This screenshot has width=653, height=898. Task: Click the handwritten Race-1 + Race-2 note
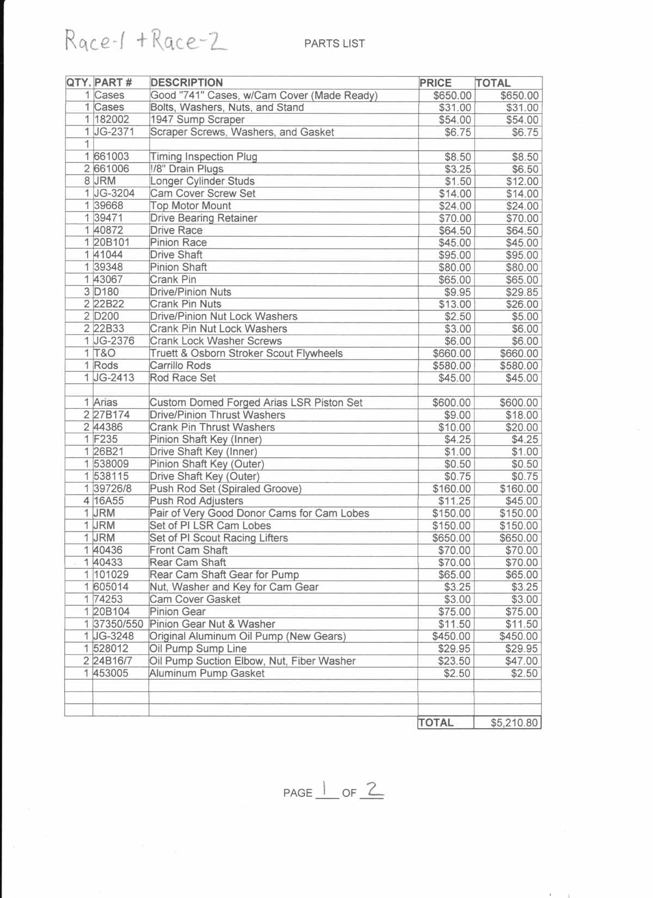pyautogui.click(x=146, y=41)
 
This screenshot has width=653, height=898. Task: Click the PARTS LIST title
pyautogui.click(x=334, y=44)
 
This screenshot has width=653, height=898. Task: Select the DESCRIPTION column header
pyautogui.click(x=186, y=83)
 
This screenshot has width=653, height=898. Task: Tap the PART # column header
pyautogui.click(x=113, y=83)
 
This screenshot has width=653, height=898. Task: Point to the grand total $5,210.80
pyautogui.click(x=514, y=723)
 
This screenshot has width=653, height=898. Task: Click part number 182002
pyautogui.click(x=112, y=120)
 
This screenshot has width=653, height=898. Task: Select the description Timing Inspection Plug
pyautogui.click(x=204, y=157)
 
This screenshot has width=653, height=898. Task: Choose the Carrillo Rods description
pyautogui.click(x=180, y=365)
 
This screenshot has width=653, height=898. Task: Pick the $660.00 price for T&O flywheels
pyautogui.click(x=452, y=353)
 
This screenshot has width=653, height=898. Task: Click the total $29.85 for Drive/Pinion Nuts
pyautogui.click(x=522, y=292)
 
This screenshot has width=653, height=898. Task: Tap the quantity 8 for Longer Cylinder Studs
pyautogui.click(x=87, y=181)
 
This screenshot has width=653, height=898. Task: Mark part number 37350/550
pyautogui.click(x=118, y=624)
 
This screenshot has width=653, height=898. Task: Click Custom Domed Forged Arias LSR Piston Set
pyautogui.click(x=256, y=403)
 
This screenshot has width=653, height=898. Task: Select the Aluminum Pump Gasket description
pyautogui.click(x=207, y=673)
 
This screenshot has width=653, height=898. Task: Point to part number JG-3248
pyautogui.click(x=114, y=636)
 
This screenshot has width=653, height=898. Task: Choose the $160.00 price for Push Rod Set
pyautogui.click(x=452, y=489)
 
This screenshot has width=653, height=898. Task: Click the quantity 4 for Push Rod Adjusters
pyautogui.click(x=87, y=501)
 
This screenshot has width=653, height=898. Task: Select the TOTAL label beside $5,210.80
pyautogui.click(x=436, y=723)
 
